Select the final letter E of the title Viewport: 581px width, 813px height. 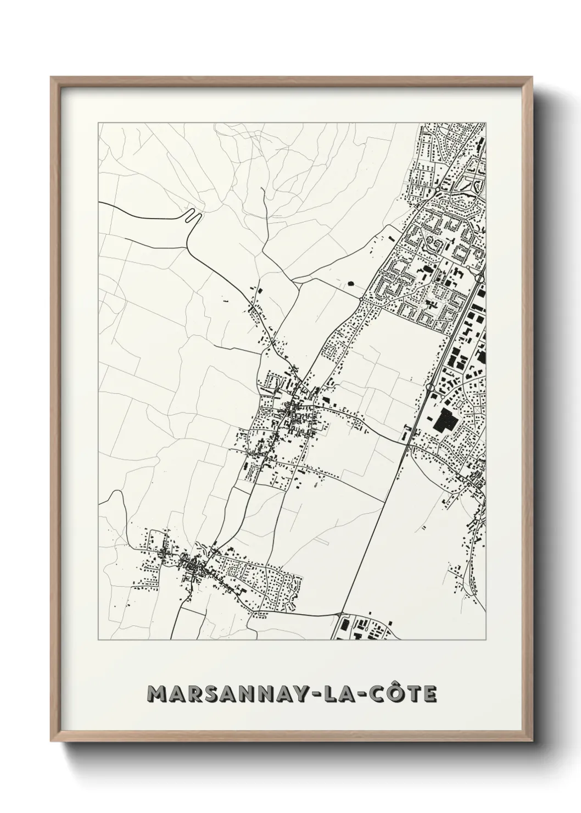[430, 694]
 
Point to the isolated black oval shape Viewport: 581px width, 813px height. [350, 284]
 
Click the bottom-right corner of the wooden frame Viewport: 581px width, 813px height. [530, 738]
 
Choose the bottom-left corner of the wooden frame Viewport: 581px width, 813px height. [52, 738]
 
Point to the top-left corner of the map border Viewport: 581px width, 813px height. [98, 122]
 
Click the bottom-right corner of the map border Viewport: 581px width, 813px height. [485, 641]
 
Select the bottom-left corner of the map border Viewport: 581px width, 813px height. [98, 641]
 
